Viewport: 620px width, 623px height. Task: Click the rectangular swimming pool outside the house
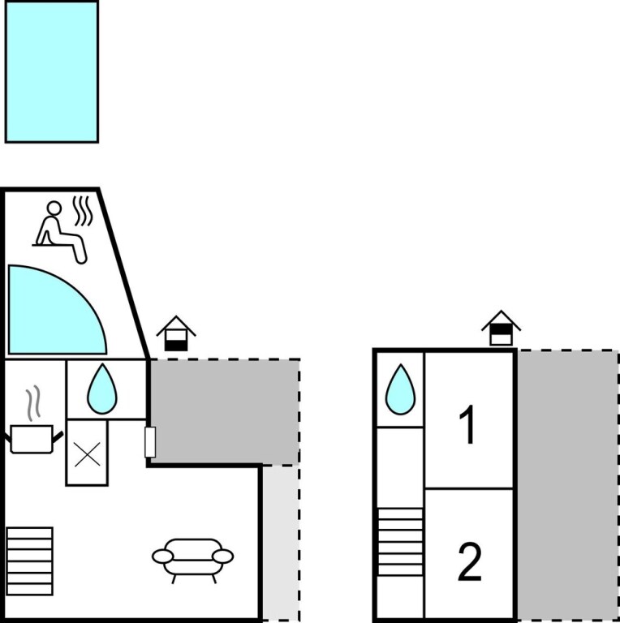point(52,71)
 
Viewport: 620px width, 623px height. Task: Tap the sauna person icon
point(59,233)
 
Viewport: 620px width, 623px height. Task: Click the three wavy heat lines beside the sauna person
point(83,211)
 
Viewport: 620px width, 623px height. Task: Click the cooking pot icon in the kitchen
point(32,439)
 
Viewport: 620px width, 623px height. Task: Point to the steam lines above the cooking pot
point(33,403)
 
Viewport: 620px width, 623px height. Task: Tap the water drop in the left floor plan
point(102,389)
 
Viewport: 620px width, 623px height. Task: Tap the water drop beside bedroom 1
point(400,389)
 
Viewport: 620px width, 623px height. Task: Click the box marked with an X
point(87,453)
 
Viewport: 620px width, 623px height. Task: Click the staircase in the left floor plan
point(30,561)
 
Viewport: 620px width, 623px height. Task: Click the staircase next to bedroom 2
point(400,542)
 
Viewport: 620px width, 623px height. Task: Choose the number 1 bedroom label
point(468,425)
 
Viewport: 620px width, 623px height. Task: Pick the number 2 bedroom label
point(470,561)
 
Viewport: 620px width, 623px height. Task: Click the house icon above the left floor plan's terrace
point(176,333)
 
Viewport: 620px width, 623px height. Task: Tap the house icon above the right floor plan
point(502,328)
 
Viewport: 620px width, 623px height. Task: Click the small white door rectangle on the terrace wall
point(150,442)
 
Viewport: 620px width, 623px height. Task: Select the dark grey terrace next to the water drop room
point(225,411)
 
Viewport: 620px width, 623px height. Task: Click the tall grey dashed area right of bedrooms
point(567,484)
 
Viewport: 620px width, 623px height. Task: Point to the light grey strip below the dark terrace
point(281,543)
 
